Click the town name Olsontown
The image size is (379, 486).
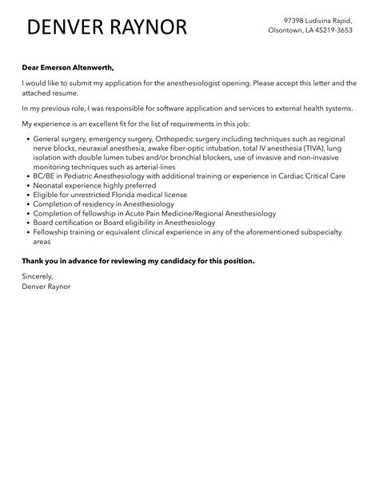(x=284, y=31)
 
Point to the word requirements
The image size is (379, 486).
(x=173, y=124)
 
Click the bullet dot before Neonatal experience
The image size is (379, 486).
(x=26, y=185)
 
